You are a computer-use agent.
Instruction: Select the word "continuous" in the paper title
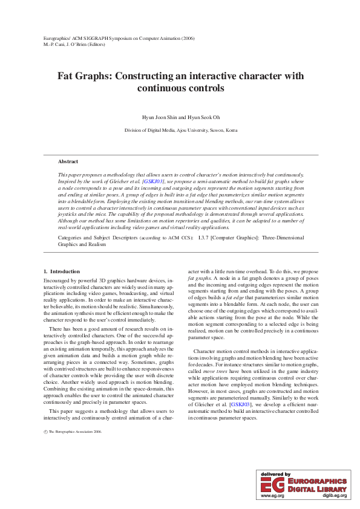(x=160, y=88)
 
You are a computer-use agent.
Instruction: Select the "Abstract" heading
(x=68, y=161)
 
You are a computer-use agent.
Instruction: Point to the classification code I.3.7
(x=205, y=238)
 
